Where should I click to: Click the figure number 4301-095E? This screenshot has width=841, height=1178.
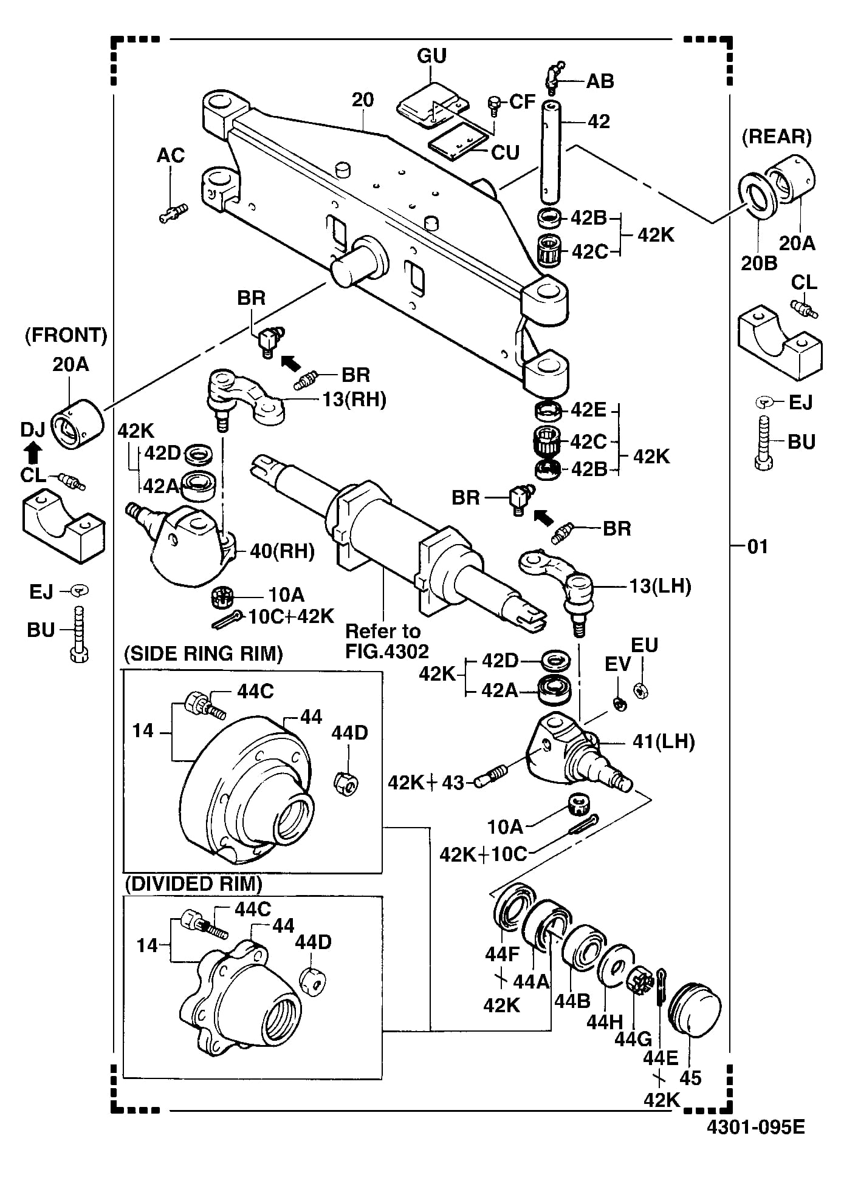755,1127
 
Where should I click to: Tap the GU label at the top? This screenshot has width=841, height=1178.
431,56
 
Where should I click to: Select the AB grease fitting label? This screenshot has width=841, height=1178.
600,81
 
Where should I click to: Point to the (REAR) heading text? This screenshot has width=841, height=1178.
777,137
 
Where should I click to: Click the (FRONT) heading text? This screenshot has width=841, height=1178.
66,335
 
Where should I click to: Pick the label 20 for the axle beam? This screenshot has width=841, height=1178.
363,100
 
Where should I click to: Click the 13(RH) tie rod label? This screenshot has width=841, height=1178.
354,400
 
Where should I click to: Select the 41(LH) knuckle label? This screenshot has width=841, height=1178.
664,741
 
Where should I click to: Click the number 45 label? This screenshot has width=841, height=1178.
690,1078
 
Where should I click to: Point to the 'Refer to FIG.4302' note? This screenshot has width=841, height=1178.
387,641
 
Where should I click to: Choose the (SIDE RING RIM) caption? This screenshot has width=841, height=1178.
204,654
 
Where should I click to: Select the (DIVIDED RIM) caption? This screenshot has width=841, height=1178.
193,883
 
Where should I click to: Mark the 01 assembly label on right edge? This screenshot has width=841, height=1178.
758,546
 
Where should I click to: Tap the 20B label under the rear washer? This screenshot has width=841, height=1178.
759,263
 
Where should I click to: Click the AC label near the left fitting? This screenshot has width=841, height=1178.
171,155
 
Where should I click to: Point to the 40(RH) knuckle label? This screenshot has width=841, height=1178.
283,551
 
